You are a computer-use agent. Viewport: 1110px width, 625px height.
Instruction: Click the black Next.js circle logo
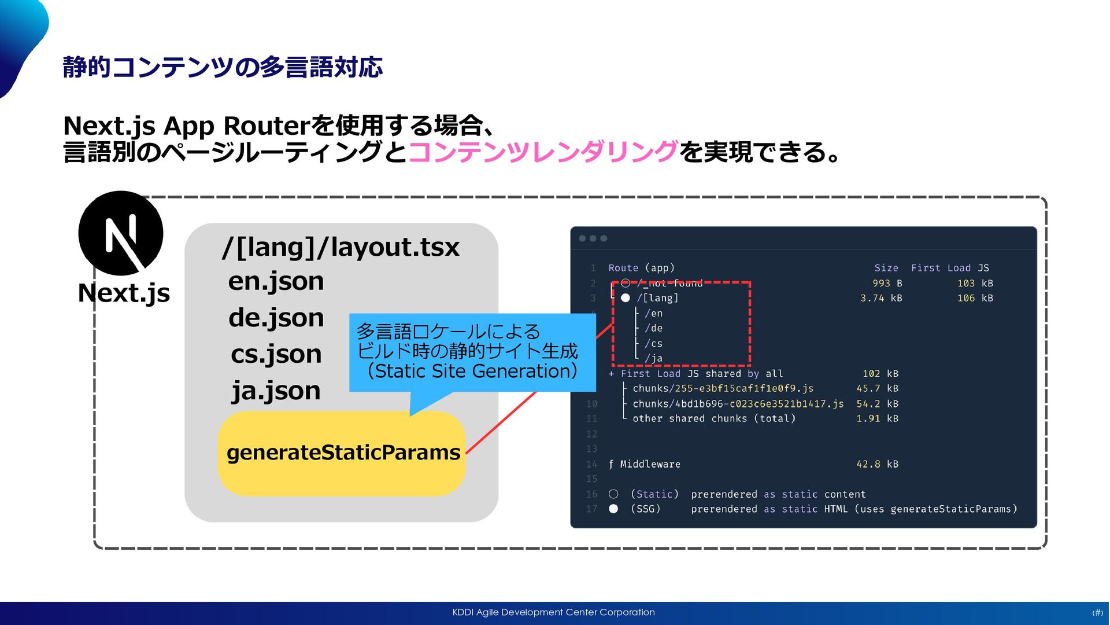[121, 233]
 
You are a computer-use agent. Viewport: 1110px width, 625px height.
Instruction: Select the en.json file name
[276, 281]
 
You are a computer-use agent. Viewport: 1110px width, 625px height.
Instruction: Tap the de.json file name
[276, 318]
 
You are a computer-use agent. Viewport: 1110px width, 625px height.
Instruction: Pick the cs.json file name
[276, 354]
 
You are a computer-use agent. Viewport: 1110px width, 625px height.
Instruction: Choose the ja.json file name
[276, 391]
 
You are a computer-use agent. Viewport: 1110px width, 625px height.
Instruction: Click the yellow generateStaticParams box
[342, 453]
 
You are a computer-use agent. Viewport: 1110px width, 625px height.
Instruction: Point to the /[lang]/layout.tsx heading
[341, 247]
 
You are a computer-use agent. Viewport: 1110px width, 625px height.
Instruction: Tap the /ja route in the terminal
[653, 358]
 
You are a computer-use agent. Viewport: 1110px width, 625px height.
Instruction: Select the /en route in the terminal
[653, 313]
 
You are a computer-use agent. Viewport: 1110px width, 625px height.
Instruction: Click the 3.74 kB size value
[880, 298]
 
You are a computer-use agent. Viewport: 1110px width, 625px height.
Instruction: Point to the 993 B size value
[887, 283]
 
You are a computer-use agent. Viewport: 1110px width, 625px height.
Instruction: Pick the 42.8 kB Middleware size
[877, 464]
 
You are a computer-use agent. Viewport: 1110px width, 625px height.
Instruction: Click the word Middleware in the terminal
[650, 464]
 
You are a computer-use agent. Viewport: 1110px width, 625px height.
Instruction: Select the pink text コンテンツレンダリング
[543, 152]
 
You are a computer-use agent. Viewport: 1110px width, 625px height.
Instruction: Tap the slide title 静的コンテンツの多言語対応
[223, 67]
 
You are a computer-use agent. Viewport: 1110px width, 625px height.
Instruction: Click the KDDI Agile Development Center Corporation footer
[553, 612]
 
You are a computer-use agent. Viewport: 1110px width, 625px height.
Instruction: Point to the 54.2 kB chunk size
[877, 404]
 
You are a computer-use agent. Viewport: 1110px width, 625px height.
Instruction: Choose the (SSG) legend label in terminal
[645, 509]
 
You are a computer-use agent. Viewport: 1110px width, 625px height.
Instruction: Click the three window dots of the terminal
[593, 238]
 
